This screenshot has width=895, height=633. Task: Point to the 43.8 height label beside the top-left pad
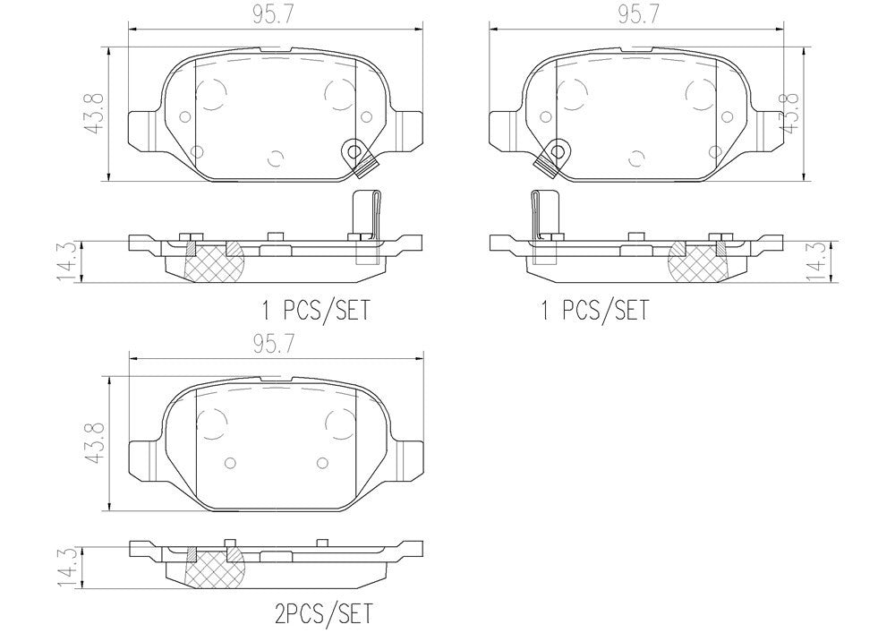point(95,113)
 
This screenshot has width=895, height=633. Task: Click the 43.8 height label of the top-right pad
point(791,113)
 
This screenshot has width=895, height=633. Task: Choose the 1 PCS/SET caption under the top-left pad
point(314,311)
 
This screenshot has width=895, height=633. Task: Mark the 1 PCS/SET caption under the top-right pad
point(593,311)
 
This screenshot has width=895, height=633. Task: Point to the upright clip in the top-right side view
point(543,215)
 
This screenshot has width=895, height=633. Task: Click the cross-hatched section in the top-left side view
point(211,261)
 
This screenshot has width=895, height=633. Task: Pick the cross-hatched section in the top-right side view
point(699,261)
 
